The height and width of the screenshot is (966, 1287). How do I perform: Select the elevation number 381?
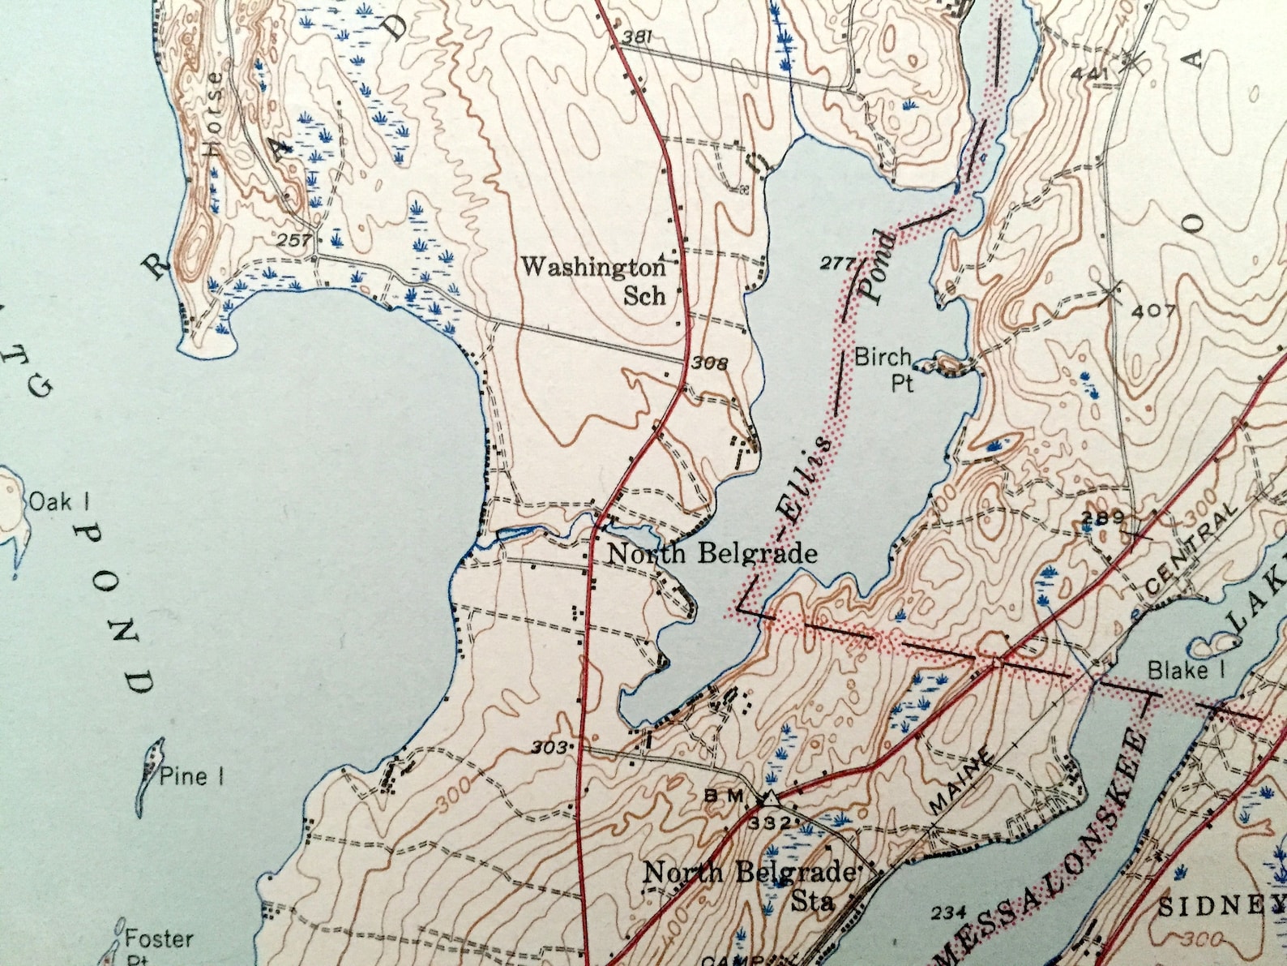coord(638,37)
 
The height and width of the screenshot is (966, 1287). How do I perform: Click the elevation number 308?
coord(709,363)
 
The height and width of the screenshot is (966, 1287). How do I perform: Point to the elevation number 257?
coord(293,240)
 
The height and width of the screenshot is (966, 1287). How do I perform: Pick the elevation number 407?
coord(1154,311)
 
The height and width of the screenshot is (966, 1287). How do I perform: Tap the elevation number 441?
coord(1088,74)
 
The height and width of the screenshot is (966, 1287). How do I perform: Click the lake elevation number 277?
coord(837,263)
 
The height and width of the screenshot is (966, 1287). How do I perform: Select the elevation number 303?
coord(549,747)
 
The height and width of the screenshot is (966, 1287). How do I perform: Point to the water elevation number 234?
coord(948,913)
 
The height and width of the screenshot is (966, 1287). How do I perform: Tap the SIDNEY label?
coord(1221,905)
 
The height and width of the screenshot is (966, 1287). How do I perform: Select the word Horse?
coord(214,114)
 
